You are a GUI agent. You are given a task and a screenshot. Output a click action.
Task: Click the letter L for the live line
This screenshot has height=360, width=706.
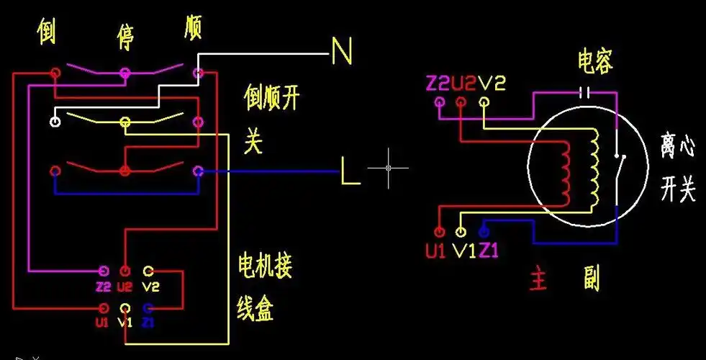350,174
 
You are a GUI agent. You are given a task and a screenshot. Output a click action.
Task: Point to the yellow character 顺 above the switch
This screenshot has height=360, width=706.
192,28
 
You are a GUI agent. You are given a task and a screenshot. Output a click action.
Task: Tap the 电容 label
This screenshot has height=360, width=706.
594,63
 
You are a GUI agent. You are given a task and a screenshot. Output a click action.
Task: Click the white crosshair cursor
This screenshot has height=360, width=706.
388,168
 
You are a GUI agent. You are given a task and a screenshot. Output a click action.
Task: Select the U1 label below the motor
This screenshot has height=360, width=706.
436,252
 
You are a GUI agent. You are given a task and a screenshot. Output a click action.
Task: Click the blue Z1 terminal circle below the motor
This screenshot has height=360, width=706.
484,232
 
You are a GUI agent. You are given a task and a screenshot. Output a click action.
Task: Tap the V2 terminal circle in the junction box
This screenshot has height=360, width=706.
148,271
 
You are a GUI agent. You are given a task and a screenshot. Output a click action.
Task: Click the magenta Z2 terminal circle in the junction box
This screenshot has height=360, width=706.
104,271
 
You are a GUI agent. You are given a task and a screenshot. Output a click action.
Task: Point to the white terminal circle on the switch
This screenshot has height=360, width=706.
55,121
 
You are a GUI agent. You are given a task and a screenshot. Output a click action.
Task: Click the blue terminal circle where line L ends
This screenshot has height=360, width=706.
199,171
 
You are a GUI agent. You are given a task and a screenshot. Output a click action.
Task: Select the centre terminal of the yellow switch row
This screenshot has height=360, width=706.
126,121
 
